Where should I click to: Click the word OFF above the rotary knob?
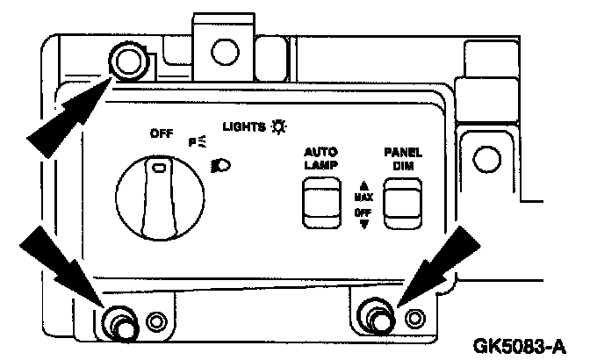coord(162,134)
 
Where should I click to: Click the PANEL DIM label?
coord(402,156)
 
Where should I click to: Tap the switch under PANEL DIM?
coord(402,201)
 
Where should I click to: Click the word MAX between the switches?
coord(363,197)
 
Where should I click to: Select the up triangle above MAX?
coord(362,185)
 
